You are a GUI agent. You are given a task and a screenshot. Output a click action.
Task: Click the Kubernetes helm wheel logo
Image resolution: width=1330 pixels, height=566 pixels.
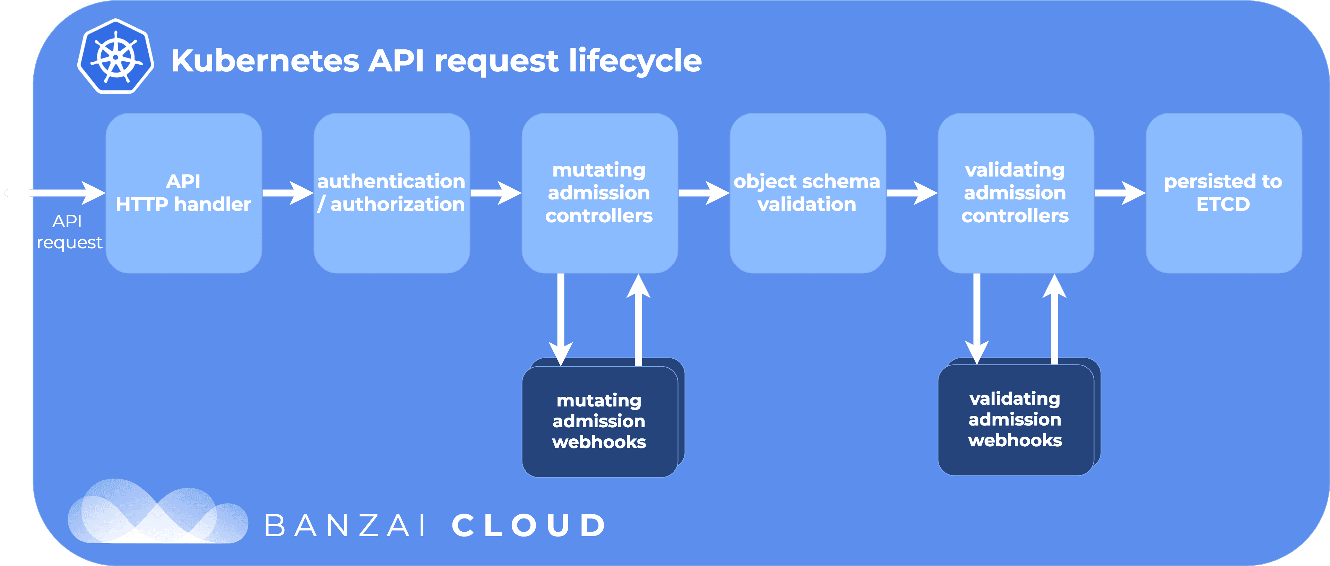click(x=116, y=56)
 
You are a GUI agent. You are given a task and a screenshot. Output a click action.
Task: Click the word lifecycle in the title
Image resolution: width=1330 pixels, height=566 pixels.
click(x=635, y=61)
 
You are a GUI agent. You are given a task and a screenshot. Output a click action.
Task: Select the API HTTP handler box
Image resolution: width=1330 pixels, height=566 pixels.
click(x=184, y=193)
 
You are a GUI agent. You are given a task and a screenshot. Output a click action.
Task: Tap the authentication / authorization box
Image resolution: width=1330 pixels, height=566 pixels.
click(x=392, y=193)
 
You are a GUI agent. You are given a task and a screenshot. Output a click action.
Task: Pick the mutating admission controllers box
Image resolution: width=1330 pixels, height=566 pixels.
click(x=600, y=193)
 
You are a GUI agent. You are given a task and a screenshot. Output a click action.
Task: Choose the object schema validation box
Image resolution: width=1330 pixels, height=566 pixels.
click(x=808, y=193)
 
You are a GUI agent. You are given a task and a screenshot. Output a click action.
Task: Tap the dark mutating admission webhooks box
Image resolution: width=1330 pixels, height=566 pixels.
click(x=600, y=421)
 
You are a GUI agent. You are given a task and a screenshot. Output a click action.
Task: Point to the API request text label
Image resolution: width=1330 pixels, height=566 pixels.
click(x=69, y=232)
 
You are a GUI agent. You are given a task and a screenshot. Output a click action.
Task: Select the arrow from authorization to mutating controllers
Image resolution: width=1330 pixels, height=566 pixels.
click(x=496, y=193)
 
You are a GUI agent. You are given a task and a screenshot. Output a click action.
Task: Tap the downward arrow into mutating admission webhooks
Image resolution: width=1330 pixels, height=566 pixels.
click(x=561, y=320)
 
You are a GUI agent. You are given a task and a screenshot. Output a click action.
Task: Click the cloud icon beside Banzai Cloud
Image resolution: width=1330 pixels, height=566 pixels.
click(x=157, y=511)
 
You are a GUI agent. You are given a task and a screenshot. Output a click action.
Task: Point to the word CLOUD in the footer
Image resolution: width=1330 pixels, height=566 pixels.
click(x=529, y=526)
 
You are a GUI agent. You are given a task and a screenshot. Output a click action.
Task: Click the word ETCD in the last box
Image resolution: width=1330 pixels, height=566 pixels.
click(x=1223, y=205)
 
